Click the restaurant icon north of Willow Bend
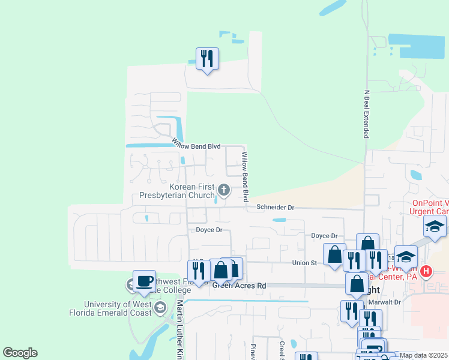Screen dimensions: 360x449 point(207,59)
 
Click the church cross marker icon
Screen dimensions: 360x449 point(224,191)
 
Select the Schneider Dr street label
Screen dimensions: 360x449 point(276,207)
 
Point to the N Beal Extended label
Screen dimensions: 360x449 point(366,114)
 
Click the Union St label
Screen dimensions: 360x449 point(304,263)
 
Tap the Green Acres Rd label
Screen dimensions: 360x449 point(239,286)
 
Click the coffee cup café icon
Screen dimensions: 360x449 point(145,281)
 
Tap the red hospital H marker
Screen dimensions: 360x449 point(426,271)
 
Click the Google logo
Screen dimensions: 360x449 point(20,353)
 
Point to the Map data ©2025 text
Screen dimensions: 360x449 point(423,355)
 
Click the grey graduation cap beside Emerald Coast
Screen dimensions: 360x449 point(160,308)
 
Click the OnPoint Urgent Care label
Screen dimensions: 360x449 point(429,207)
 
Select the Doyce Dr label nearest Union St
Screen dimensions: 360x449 point(324,236)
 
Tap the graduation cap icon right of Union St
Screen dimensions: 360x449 point(406,256)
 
